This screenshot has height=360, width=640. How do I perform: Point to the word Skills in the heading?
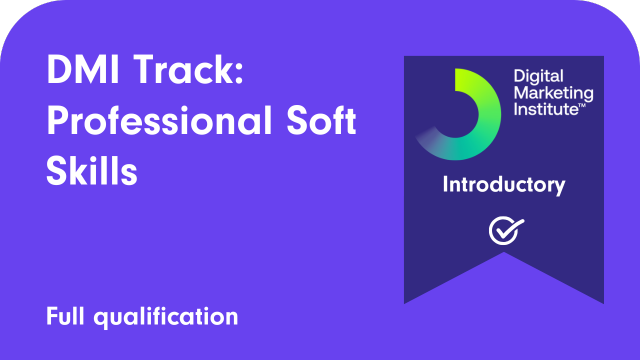point(91,171)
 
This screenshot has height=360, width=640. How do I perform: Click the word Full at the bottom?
point(66,317)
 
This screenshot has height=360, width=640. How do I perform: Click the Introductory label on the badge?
point(504,185)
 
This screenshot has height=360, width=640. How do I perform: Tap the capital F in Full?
point(50,317)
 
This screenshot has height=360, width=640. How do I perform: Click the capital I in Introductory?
point(445,185)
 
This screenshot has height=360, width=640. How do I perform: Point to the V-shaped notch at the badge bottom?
point(503,284)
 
